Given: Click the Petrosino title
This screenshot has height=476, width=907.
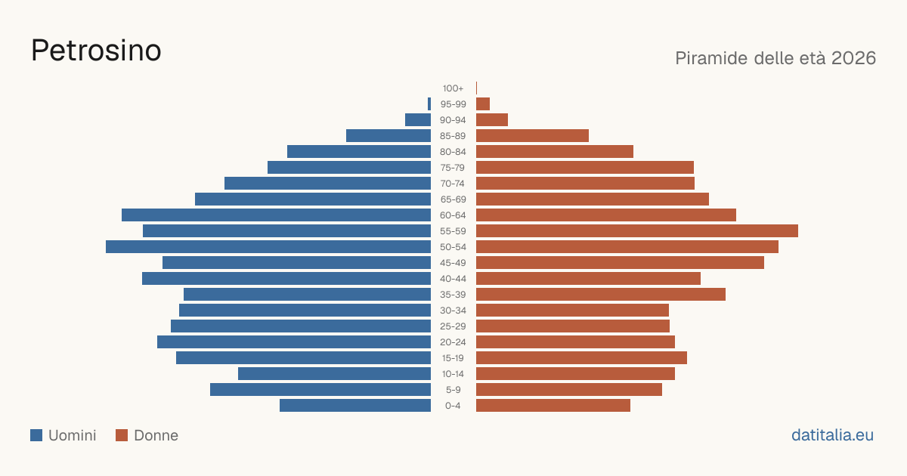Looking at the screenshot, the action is point(96,51).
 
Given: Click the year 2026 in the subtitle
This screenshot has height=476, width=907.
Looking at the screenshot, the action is point(853,58).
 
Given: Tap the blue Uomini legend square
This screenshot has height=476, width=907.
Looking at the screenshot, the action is point(36,435).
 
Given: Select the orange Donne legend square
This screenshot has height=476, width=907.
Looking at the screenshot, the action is point(122,435).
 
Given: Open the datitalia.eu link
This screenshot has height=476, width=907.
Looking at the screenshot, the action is point(832,435).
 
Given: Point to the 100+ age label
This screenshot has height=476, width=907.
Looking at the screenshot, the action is point(453,88).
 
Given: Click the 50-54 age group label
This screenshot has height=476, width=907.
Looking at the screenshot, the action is point(453,247).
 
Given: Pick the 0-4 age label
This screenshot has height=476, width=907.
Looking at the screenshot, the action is point(453,406).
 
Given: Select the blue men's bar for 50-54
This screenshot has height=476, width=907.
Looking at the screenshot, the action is point(268,247).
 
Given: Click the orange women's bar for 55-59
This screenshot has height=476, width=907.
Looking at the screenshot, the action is point(637,231).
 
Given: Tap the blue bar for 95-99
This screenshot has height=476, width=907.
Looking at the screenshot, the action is point(429,104).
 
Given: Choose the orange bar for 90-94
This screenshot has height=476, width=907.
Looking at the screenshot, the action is point(492,120).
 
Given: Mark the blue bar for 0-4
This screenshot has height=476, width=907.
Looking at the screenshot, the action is point(355,406).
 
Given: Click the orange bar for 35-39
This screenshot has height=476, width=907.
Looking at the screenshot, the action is point(601,295).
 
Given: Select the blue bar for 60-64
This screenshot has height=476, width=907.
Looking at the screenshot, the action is point(276,215).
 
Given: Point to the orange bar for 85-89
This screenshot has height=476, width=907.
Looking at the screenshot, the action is point(532,136).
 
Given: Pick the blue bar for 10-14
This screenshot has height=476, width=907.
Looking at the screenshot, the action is point(334,374).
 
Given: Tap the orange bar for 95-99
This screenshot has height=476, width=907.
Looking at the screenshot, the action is point(483,104).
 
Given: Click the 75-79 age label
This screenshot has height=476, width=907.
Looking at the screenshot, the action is point(453,168).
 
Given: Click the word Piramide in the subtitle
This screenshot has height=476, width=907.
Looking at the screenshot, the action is point(711,58).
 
